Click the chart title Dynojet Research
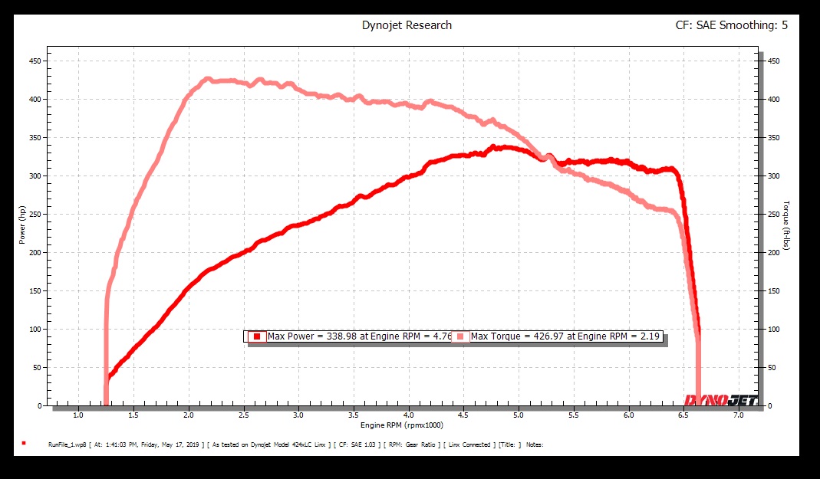(407, 25)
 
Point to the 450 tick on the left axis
(35, 61)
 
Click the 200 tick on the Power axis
(35, 252)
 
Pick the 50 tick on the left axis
(38, 367)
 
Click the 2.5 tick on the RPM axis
(243, 415)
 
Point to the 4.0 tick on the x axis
(408, 415)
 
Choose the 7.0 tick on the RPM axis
(738, 415)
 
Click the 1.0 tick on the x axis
(78, 415)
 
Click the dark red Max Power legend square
(257, 336)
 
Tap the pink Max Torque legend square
(460, 336)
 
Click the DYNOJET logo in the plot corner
(720, 399)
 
